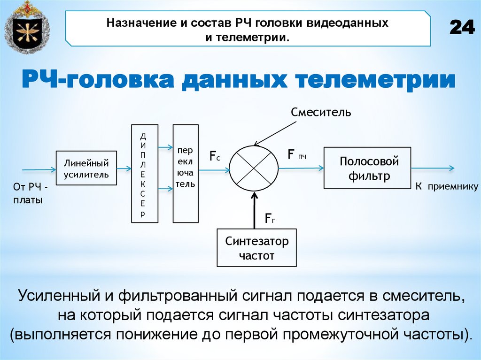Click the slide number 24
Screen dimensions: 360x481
[x=462, y=28]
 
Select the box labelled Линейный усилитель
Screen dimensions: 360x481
[x=86, y=169]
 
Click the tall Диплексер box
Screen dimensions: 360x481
[x=145, y=173]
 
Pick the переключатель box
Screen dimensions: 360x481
[x=186, y=173]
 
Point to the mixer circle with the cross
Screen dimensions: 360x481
[x=254, y=167]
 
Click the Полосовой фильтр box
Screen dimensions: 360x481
[x=367, y=168]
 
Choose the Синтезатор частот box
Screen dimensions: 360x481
[x=256, y=248]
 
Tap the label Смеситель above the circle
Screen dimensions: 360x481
[x=321, y=112]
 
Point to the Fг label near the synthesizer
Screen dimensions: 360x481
[x=270, y=218]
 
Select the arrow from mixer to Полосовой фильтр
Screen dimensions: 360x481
[x=301, y=167]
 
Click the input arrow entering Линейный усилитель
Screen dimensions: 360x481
[x=39, y=169]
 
